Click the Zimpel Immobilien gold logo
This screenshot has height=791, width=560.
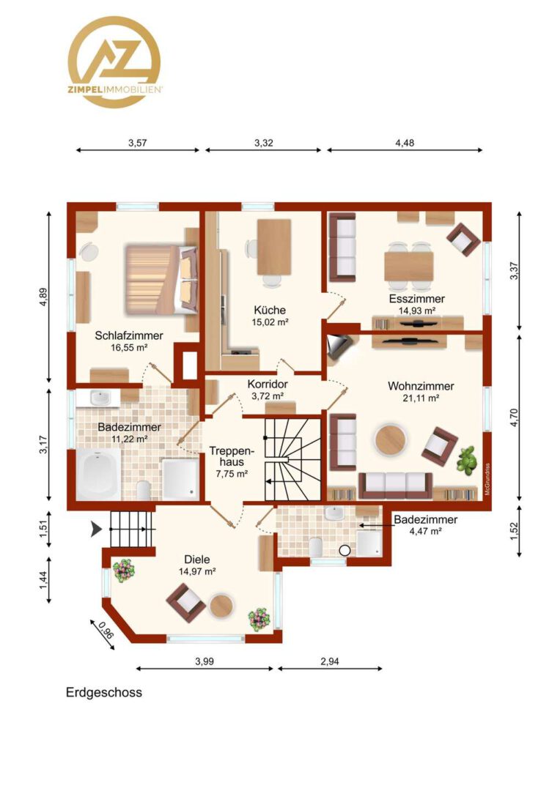click(114, 62)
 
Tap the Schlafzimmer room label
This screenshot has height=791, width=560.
click(129, 335)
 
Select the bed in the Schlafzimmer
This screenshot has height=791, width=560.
click(161, 280)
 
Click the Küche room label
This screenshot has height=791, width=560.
click(270, 310)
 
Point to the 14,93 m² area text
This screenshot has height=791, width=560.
click(417, 311)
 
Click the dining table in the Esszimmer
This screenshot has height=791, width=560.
click(409, 266)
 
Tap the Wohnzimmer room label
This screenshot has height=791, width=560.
click(421, 386)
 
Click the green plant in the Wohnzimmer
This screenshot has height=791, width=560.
click(467, 459)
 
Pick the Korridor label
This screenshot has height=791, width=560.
click(268, 385)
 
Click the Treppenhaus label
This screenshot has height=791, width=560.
click(232, 456)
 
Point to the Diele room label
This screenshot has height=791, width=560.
click(197, 560)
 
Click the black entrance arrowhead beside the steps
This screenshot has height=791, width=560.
click(96, 530)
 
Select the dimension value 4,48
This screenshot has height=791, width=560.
click(405, 143)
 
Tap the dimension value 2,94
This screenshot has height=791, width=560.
click(330, 661)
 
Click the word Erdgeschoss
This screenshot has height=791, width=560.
click(104, 692)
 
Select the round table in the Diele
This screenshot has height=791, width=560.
click(221, 606)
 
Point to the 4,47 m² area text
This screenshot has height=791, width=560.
click(426, 531)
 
